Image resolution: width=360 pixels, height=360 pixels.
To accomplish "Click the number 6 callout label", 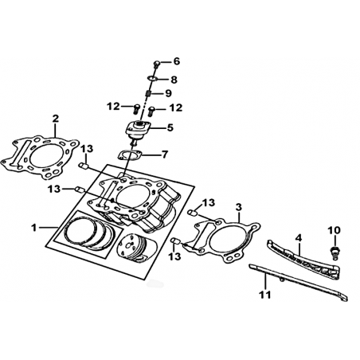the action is point(177,61).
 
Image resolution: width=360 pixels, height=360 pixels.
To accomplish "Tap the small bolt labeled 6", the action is point(157,64).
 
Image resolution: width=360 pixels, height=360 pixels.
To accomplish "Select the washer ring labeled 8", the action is point(152,78).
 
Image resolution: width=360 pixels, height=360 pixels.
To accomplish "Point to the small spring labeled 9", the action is point(148,94).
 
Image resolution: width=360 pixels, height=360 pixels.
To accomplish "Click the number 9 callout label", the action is point(168,93).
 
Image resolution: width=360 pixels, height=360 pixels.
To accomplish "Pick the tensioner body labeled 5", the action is point(138,131).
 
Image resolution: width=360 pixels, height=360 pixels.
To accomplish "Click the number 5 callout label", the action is point(170,127).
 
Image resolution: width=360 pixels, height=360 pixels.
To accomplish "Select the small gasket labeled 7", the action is point(129,155).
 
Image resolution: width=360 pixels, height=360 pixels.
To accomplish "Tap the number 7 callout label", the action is point(165,154).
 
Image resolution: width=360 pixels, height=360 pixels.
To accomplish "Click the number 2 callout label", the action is point(55,119).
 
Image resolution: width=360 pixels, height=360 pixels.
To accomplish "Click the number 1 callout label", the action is point(33,227).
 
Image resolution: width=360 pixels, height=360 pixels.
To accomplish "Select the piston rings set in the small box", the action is point(89,233).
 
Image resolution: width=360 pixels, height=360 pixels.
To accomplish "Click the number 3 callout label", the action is point(239,207).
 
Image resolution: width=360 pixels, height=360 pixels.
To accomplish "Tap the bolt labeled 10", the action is point(334,252).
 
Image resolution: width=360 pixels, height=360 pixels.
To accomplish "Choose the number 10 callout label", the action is point(334,230).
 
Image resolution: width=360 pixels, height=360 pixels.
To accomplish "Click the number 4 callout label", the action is point(299,238).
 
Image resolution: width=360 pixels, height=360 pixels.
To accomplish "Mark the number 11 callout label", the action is point(265,294).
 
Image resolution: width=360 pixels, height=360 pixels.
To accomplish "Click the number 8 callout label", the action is point(174,80).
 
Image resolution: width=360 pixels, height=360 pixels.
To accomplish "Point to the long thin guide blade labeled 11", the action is point(298,282).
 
